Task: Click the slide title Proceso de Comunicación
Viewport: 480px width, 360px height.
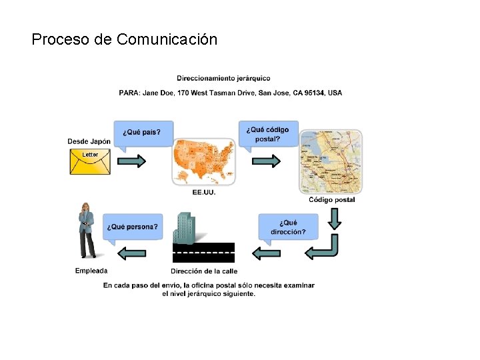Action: click(x=124, y=39)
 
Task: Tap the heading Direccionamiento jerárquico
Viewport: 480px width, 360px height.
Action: click(x=223, y=79)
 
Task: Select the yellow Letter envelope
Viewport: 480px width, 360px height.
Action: click(x=90, y=161)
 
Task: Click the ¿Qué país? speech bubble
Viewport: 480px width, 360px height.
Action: click(x=142, y=132)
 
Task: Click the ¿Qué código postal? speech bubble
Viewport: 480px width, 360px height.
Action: click(x=269, y=134)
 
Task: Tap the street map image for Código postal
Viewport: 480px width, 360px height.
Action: click(x=331, y=161)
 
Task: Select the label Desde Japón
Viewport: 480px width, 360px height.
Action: click(x=89, y=141)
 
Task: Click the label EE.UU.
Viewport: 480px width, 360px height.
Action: click(x=203, y=193)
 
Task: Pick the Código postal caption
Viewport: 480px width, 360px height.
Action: click(x=331, y=200)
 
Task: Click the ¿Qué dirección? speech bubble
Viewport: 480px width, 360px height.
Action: click(x=288, y=227)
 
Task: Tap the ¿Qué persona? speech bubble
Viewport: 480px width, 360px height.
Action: click(x=132, y=227)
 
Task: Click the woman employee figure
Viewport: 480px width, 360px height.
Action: click(x=87, y=230)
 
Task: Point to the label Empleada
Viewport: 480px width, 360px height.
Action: click(x=91, y=271)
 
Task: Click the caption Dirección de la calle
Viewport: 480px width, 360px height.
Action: click(x=203, y=271)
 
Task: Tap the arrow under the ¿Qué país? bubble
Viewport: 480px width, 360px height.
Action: click(x=132, y=161)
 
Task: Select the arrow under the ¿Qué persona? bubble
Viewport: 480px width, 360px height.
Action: click(x=132, y=252)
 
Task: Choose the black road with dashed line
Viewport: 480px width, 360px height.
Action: click(x=203, y=252)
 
